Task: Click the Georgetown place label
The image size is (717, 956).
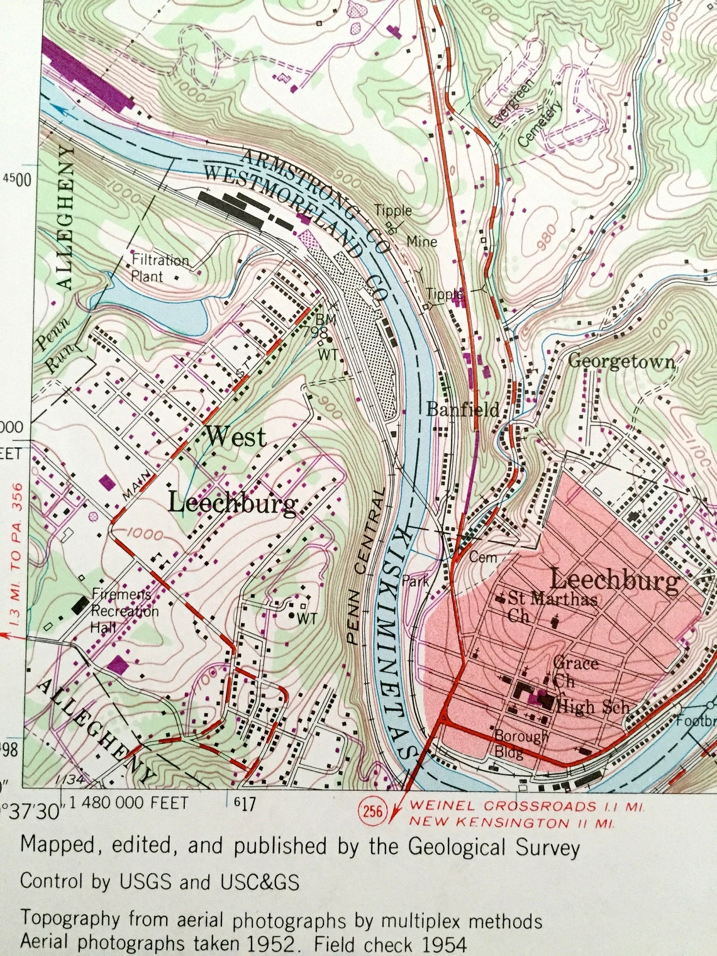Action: coord(621,362)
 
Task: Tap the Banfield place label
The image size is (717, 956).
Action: coord(463,409)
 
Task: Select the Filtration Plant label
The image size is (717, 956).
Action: coord(159,268)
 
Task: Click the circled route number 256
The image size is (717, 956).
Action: coord(372,811)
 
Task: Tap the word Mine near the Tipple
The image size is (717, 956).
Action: coord(421,241)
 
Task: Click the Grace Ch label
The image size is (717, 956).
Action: coord(574,671)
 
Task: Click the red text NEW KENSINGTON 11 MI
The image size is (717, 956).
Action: coord(512,822)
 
